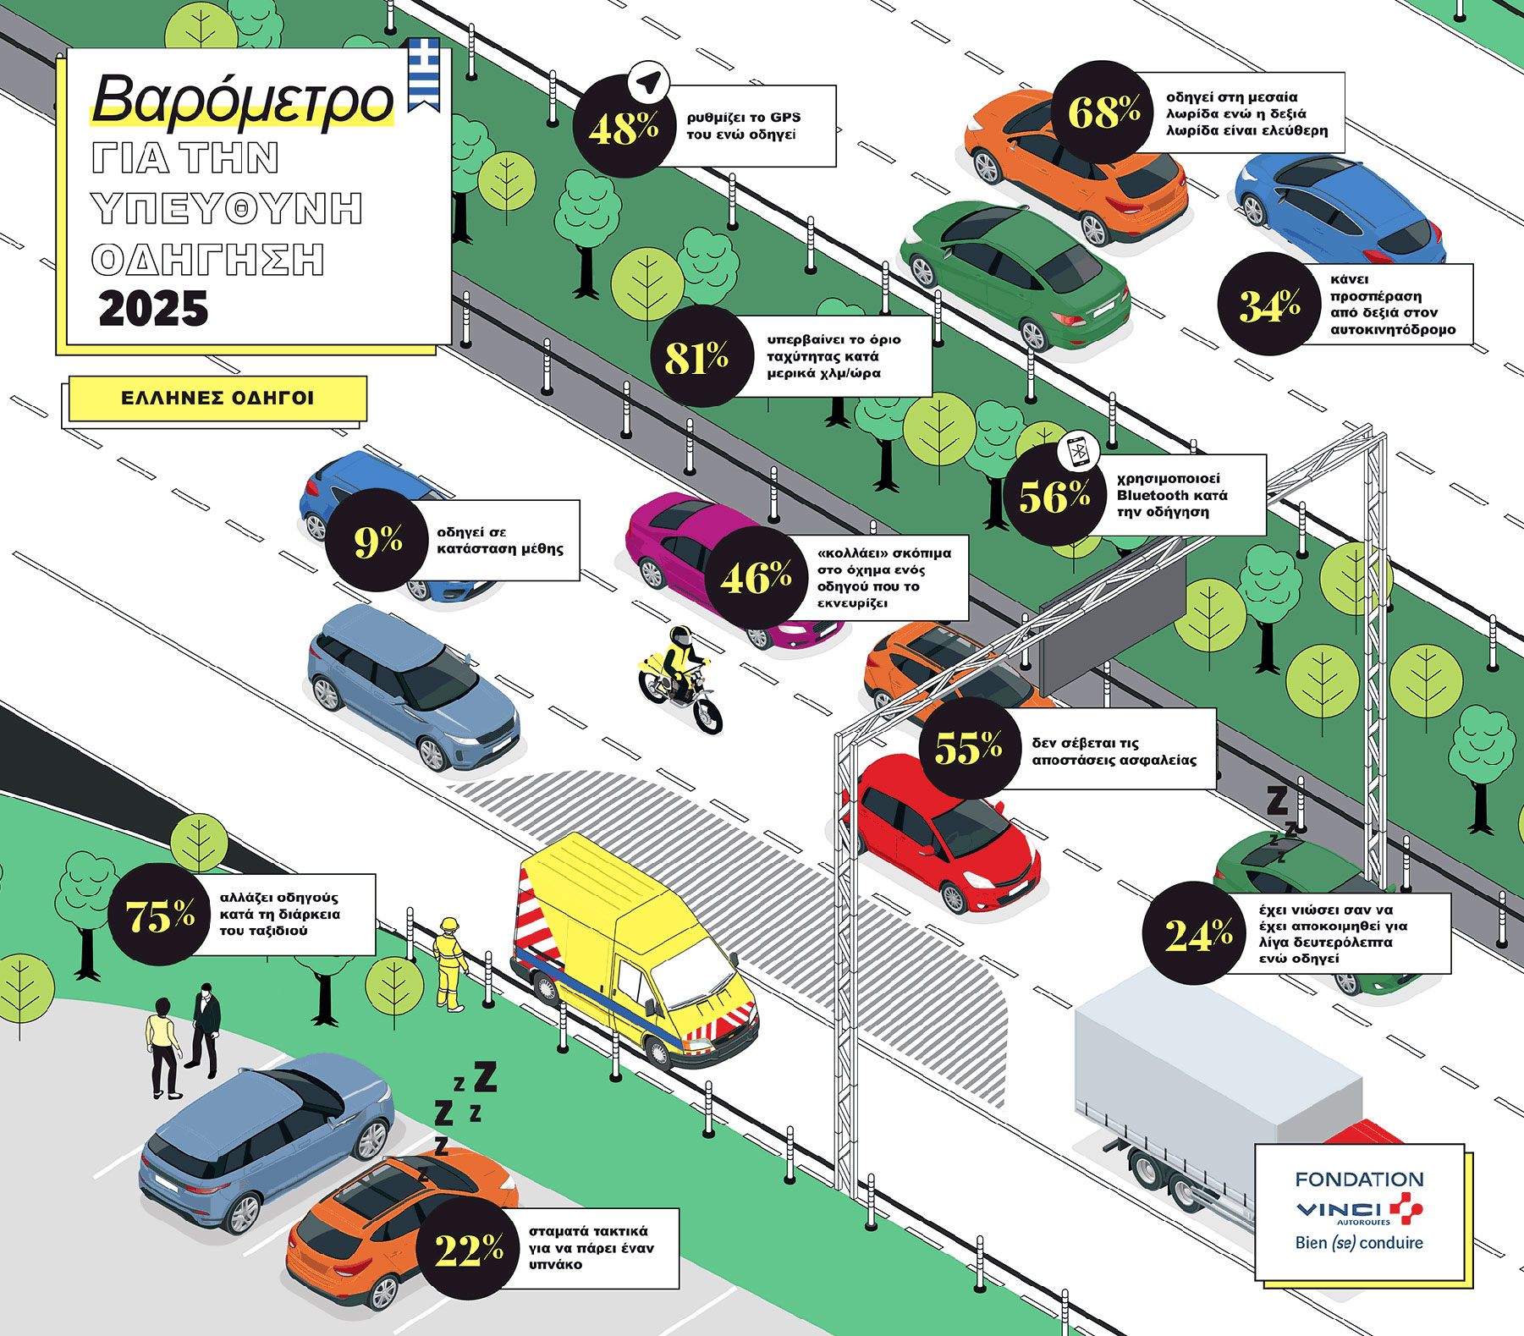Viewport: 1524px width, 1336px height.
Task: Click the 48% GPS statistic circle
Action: (x=624, y=127)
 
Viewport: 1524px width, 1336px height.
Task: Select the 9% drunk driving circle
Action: (x=377, y=540)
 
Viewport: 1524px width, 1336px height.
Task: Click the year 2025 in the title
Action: (x=153, y=309)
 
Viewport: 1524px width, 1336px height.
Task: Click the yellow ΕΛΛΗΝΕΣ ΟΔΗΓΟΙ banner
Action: (x=217, y=399)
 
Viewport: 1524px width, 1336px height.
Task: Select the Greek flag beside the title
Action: (x=424, y=74)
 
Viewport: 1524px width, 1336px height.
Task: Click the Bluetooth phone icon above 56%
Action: (x=1078, y=451)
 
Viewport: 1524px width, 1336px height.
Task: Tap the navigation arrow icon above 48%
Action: (x=648, y=83)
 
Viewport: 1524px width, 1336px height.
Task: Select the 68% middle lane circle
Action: (x=1103, y=112)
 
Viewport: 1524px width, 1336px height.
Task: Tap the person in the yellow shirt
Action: (x=162, y=1047)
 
